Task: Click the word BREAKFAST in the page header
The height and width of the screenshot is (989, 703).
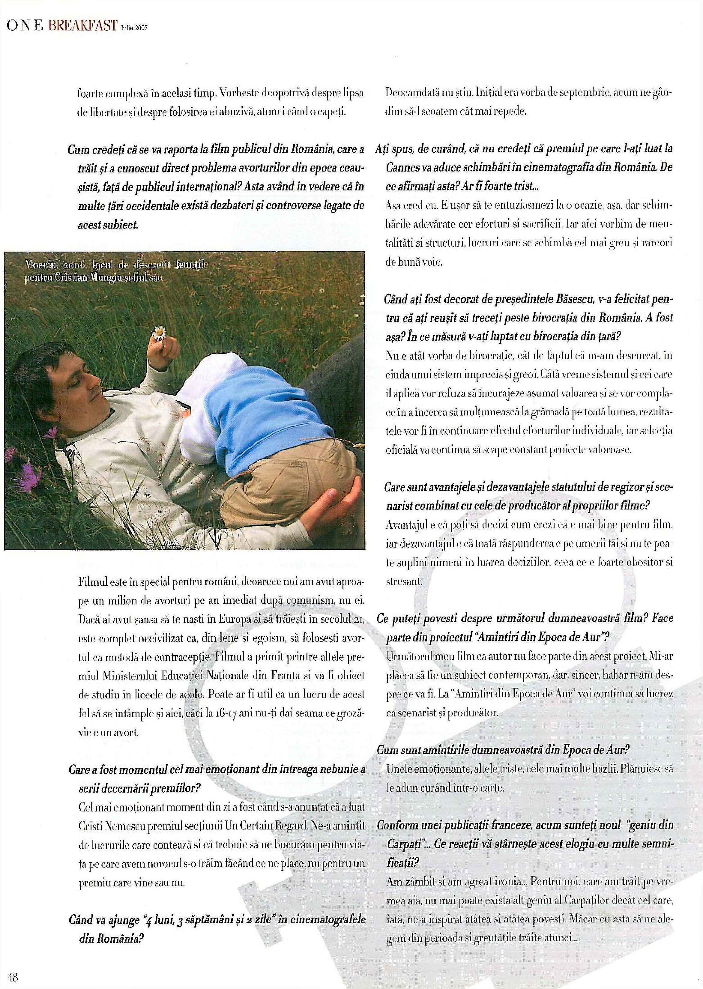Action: (x=83, y=26)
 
